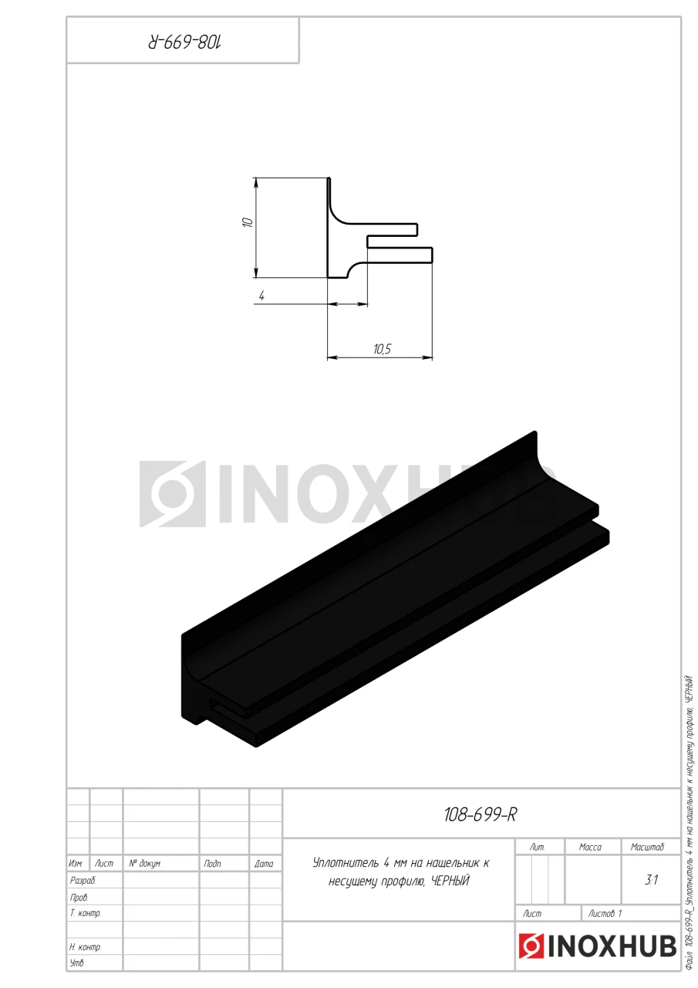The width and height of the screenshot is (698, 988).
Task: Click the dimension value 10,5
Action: point(382,349)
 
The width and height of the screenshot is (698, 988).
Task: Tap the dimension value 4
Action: point(261,296)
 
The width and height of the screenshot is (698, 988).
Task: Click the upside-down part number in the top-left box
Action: point(184,42)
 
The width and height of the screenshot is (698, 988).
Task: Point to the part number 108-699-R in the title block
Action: point(480,814)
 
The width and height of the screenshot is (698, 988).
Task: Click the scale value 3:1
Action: point(651,880)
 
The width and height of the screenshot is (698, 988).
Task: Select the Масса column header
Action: point(590,847)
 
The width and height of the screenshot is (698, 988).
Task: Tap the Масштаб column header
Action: point(647,847)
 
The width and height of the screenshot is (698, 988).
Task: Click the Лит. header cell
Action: point(537,847)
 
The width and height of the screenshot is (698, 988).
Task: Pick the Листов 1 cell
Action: point(605,913)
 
